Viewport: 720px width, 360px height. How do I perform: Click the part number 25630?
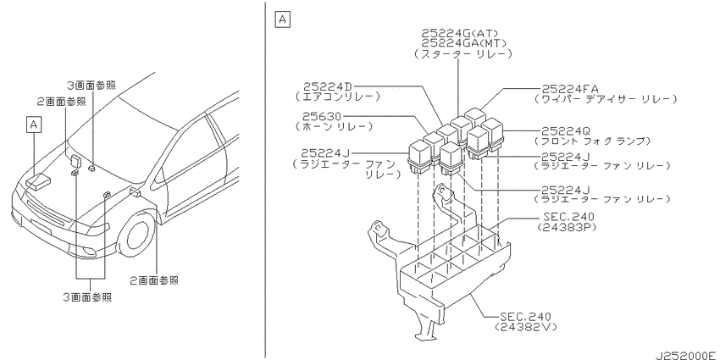click(x=321, y=117)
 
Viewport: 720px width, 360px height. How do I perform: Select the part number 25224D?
click(x=330, y=86)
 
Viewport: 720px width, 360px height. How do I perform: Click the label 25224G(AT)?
click(x=460, y=33)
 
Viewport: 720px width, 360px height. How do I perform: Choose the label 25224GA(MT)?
click(x=464, y=43)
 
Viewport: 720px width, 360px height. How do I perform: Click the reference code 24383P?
click(x=565, y=227)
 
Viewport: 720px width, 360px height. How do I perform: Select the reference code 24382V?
click(x=526, y=326)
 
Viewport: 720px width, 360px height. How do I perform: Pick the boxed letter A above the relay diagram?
click(x=282, y=19)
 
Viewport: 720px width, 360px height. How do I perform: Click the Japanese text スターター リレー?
click(x=463, y=53)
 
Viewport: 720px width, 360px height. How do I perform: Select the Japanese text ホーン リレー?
click(x=334, y=127)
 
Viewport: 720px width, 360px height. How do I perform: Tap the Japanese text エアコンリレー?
click(x=337, y=97)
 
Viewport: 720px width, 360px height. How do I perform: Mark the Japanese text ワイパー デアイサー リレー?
click(x=606, y=99)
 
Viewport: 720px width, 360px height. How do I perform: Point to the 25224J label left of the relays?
click(x=328, y=153)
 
